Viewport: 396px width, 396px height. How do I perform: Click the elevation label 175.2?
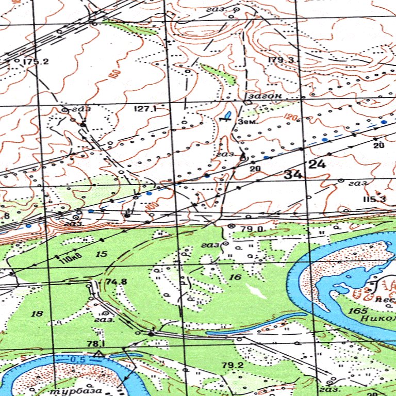36,62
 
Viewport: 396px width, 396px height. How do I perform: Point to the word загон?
265,96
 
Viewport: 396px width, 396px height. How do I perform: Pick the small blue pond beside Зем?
227,113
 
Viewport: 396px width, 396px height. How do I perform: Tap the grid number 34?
293,175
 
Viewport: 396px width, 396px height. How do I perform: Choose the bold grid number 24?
317,164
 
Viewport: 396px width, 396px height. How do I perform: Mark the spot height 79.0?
253,228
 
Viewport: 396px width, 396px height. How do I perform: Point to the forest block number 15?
101,254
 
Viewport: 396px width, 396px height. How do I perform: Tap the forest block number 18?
37,313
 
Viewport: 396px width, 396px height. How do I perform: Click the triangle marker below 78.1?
98,353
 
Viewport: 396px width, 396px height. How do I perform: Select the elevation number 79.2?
232,366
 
